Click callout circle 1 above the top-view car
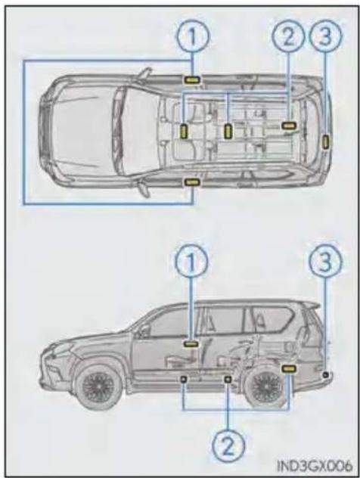point(192,36)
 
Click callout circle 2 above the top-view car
point(288,36)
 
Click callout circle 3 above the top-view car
point(325,36)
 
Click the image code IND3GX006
point(315,466)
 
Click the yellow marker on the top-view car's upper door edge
point(191,80)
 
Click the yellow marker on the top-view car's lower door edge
point(191,182)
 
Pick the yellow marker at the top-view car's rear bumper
point(325,142)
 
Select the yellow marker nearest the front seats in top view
point(184,132)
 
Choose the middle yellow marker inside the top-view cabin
point(228,132)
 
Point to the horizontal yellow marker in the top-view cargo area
point(288,125)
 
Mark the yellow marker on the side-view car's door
point(191,343)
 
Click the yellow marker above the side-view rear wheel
point(288,368)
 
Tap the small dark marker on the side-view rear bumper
point(325,375)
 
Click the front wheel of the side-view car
point(96,386)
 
